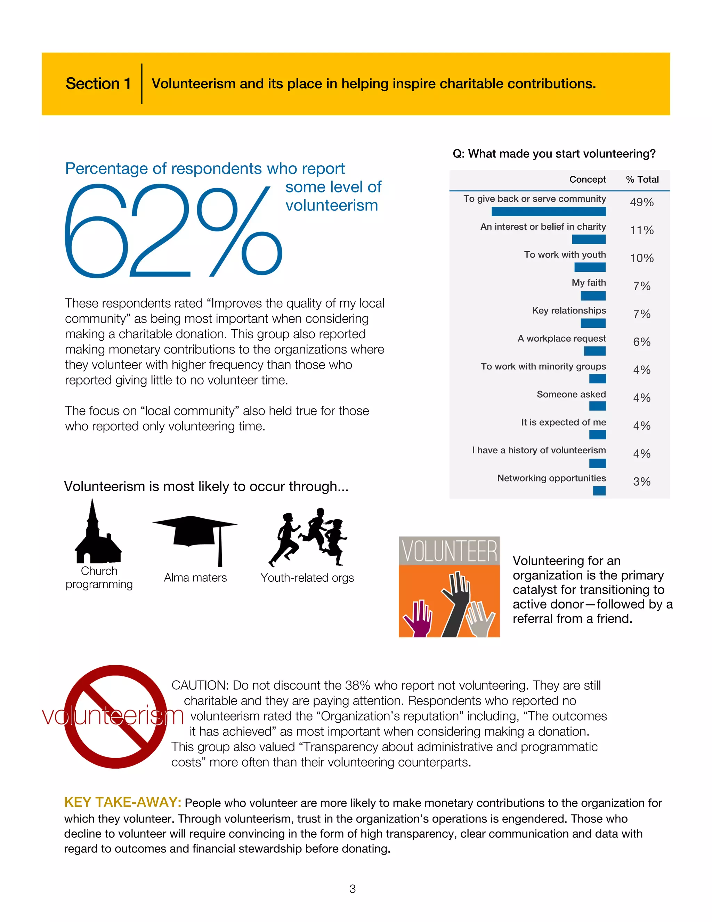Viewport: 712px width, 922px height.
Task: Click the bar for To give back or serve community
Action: point(548,212)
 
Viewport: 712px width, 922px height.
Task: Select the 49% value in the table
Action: point(641,202)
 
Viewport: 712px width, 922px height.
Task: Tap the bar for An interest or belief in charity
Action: point(589,239)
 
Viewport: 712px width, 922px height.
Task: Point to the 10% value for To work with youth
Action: point(641,258)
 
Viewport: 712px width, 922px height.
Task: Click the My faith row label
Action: point(589,283)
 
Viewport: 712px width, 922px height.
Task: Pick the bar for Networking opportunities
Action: point(599,491)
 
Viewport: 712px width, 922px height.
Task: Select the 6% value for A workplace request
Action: point(641,342)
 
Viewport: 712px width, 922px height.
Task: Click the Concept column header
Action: point(587,180)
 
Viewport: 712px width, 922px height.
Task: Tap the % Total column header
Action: point(642,180)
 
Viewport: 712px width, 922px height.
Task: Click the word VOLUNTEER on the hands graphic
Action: point(449,551)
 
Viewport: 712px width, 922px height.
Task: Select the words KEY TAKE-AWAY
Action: point(122,802)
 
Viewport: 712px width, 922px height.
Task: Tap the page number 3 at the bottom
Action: point(353,889)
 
